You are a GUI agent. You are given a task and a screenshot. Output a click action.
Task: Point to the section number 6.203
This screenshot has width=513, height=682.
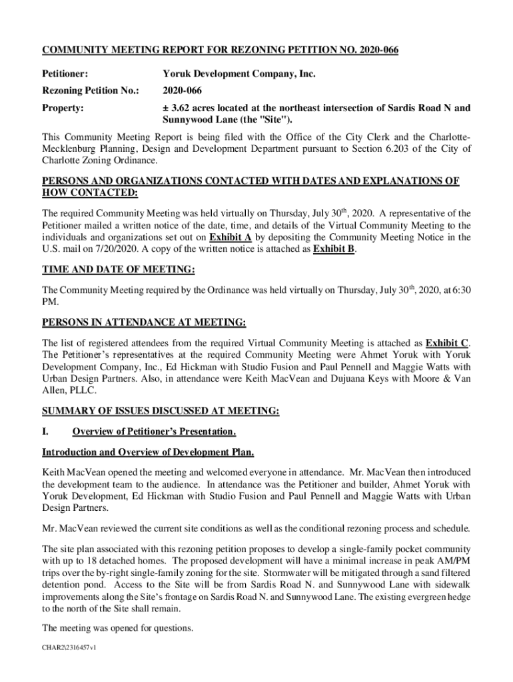[x=401, y=149]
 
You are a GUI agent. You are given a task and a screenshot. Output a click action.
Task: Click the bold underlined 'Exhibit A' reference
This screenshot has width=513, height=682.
[x=230, y=236]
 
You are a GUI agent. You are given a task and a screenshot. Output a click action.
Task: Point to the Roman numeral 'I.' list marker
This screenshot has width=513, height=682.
[x=47, y=432]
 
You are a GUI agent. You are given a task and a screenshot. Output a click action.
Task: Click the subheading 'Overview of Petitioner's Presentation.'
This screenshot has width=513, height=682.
[x=154, y=432]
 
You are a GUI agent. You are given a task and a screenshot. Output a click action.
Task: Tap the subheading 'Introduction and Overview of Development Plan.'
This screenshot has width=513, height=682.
[x=148, y=453]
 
